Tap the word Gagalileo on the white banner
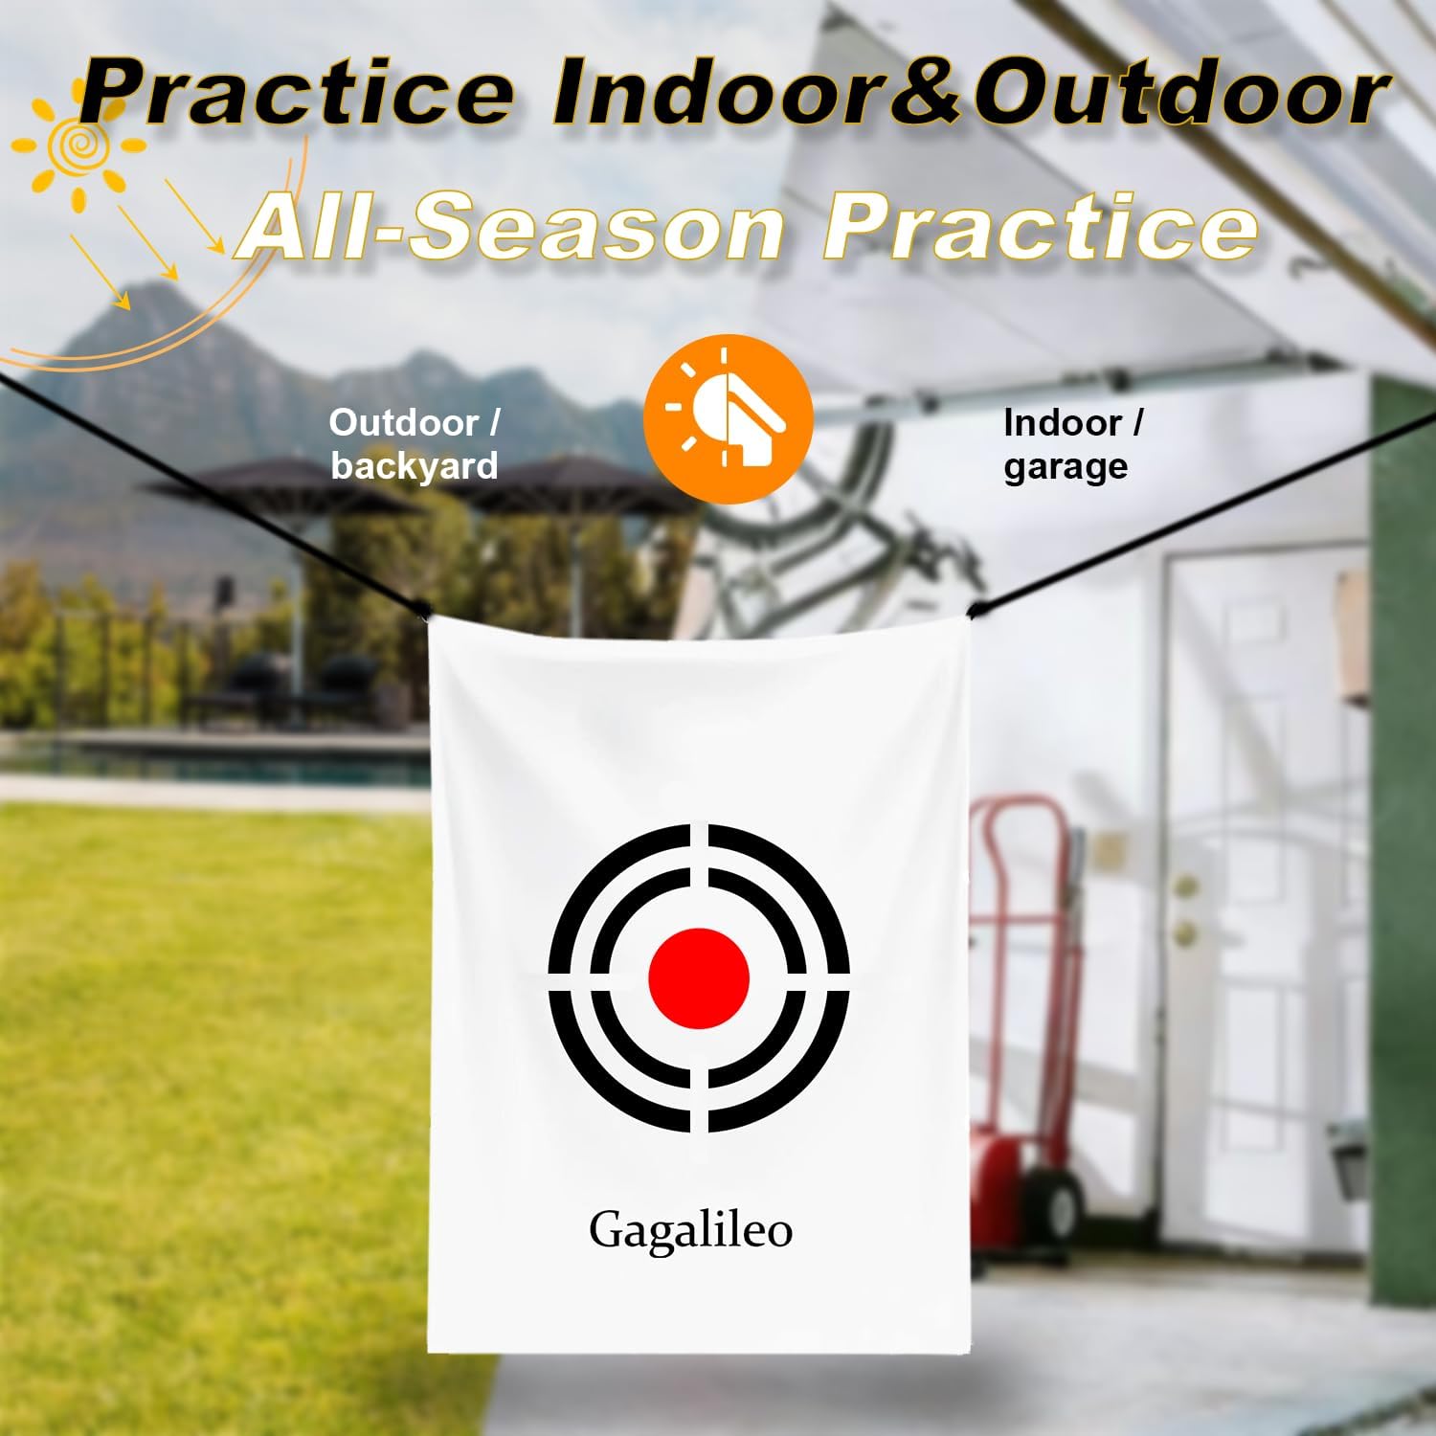[690, 1229]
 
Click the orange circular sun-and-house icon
[728, 418]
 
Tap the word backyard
[415, 465]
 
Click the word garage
[1065, 466]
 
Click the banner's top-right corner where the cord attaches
[970, 611]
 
